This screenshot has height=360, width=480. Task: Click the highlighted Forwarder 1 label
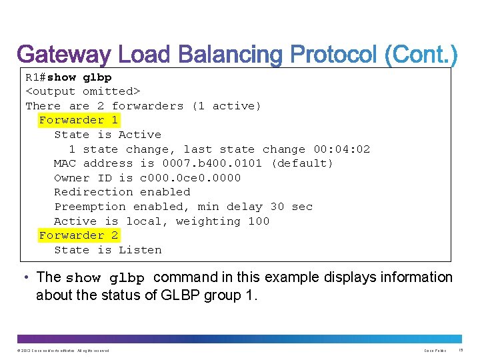(x=79, y=120)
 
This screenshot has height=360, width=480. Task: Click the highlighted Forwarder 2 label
(x=79, y=235)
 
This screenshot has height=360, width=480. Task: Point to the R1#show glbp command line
(x=69, y=77)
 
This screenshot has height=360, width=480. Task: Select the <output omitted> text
(x=83, y=91)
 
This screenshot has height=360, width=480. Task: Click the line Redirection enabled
(x=122, y=192)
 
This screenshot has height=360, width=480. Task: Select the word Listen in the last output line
(x=140, y=250)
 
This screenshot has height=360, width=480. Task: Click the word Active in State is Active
(x=140, y=135)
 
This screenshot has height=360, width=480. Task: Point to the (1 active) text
(x=227, y=106)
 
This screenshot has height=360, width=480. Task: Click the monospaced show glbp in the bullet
(x=105, y=278)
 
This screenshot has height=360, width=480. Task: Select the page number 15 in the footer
(x=462, y=350)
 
